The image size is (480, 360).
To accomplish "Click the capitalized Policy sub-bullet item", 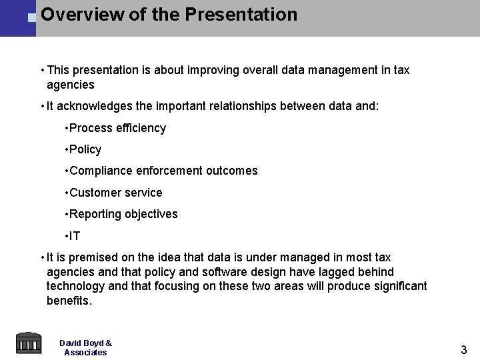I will (85, 149).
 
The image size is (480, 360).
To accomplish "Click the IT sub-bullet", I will (74, 236).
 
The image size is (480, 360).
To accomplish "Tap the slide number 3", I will (464, 349).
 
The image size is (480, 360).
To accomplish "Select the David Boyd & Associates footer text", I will (85, 347).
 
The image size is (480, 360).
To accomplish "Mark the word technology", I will (75, 286).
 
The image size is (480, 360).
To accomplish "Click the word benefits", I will (69, 301).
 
